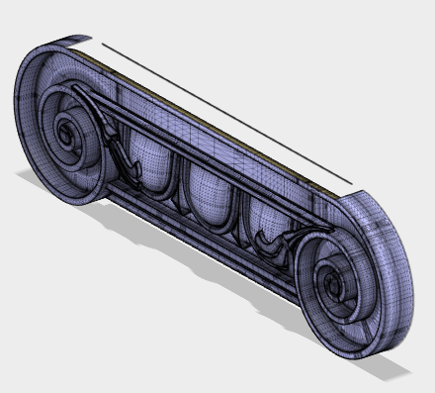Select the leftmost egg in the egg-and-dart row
tap(148, 158)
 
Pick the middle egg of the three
tap(206, 188)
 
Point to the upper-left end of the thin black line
tap(102, 43)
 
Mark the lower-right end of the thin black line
tap(352, 182)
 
